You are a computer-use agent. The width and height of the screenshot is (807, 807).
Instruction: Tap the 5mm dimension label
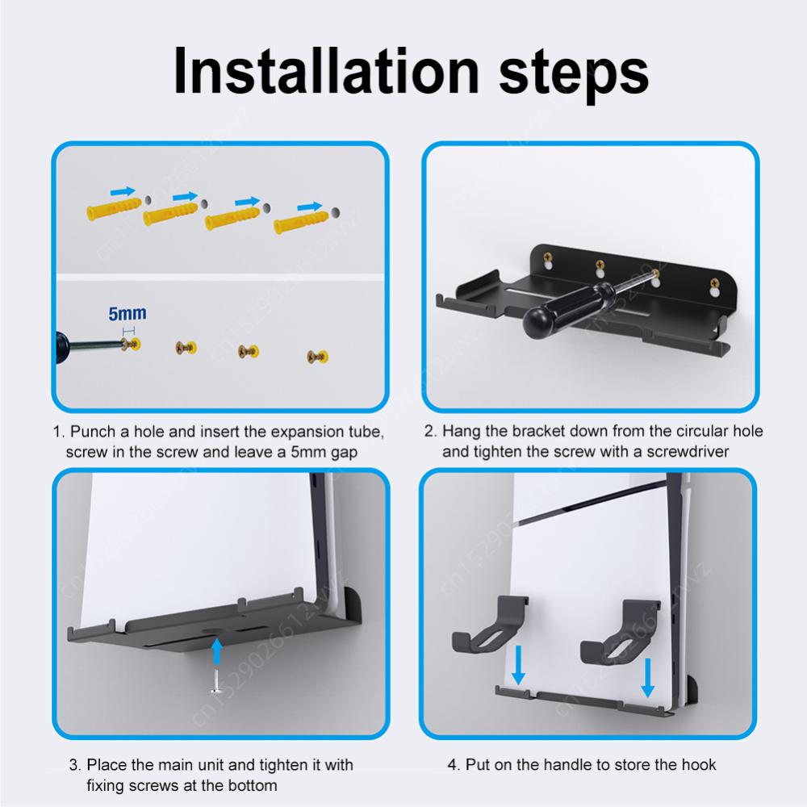tap(128, 313)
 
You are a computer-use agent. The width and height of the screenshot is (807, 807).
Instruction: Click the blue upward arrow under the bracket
tap(215, 649)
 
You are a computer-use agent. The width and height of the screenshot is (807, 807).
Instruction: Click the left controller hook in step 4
tap(487, 626)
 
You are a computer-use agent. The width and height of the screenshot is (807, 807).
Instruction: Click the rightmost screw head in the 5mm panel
tap(317, 355)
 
